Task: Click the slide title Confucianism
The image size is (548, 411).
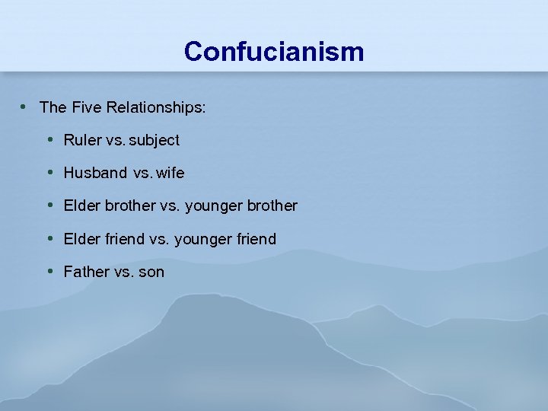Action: pyautogui.click(x=274, y=52)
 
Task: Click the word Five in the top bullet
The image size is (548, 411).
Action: pyautogui.click(x=88, y=107)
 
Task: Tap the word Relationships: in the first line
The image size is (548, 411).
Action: pyautogui.click(x=156, y=107)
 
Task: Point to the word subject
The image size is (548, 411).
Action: pyautogui.click(x=155, y=140)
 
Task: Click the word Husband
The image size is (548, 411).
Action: pyautogui.click(x=95, y=173)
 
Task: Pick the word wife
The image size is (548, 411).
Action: pyautogui.click(x=170, y=173)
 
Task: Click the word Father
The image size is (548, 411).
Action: pyautogui.click(x=86, y=272)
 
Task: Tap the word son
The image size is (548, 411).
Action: pyautogui.click(x=151, y=272)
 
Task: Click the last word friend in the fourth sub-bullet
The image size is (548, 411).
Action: pyautogui.click(x=257, y=239)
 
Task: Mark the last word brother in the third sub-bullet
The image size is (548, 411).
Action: pyautogui.click(x=272, y=205)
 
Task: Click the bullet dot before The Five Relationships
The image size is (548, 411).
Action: pyautogui.click(x=25, y=107)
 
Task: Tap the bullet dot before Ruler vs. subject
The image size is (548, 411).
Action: pyautogui.click(x=49, y=139)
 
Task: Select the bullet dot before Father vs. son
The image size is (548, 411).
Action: pyautogui.click(x=49, y=271)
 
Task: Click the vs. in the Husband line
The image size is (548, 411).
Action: pyautogui.click(x=142, y=173)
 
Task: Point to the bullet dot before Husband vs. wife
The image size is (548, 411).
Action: pyautogui.click(x=49, y=172)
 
